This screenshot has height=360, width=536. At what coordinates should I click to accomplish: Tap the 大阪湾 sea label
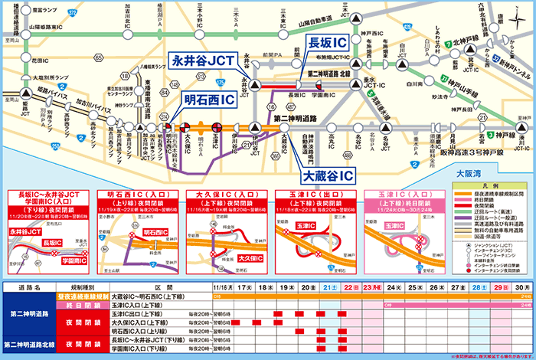point(469,173)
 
